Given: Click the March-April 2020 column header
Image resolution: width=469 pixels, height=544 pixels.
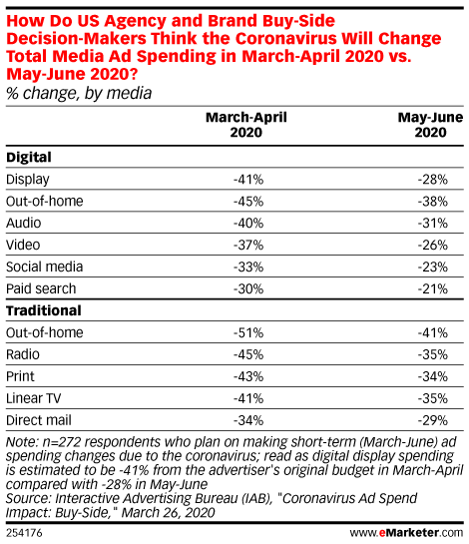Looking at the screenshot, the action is (x=246, y=125).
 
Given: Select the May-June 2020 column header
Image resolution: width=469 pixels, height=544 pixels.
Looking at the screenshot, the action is (x=430, y=125).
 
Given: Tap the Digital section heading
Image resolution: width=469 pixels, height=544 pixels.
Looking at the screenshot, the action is (x=29, y=157).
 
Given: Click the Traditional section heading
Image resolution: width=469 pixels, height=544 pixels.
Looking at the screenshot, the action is (x=44, y=310).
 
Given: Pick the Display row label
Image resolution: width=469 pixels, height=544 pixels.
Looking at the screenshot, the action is (x=28, y=180).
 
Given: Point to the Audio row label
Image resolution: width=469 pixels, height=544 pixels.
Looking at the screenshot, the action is (x=24, y=223).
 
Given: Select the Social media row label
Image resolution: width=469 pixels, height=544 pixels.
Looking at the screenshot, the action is (x=44, y=267).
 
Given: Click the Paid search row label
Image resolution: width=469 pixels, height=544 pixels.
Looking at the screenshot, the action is (x=41, y=288).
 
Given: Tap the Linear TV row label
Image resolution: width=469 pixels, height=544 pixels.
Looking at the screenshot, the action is (x=33, y=398).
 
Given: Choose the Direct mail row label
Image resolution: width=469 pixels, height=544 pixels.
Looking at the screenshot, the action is (x=39, y=420).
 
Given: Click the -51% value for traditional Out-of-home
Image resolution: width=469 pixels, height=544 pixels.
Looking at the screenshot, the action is (x=248, y=332).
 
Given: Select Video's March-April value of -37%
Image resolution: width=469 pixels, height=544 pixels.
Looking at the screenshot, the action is (x=248, y=245).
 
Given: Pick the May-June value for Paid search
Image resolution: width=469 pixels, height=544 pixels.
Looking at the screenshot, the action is (x=432, y=288).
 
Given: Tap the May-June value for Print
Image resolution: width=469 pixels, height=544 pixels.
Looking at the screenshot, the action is (x=432, y=376).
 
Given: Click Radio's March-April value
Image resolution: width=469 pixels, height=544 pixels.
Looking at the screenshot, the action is (x=248, y=354).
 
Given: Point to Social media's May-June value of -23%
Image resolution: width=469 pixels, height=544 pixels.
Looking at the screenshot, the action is (x=432, y=267).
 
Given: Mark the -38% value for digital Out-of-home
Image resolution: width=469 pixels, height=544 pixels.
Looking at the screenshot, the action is (x=432, y=202).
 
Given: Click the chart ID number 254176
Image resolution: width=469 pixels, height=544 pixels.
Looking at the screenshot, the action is (x=24, y=533).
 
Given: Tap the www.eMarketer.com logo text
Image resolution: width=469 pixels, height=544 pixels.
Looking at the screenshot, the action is (x=406, y=533).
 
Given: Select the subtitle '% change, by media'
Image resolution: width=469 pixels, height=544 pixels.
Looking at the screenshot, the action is (x=79, y=93).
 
